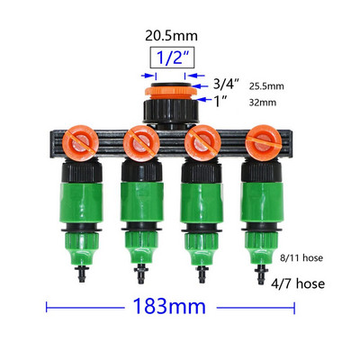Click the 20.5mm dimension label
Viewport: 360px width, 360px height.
point(171,36)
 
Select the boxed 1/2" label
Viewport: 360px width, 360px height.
point(172,58)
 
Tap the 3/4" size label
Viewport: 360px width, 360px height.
point(227,85)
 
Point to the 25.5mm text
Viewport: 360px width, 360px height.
point(266,86)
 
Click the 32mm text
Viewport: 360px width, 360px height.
point(263,103)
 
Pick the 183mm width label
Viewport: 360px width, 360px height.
point(170,306)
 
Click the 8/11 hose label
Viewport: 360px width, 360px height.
point(301,257)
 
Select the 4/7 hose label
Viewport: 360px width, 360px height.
point(298,283)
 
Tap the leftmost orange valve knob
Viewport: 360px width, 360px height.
point(80,142)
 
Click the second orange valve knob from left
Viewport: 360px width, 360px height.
point(141,143)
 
